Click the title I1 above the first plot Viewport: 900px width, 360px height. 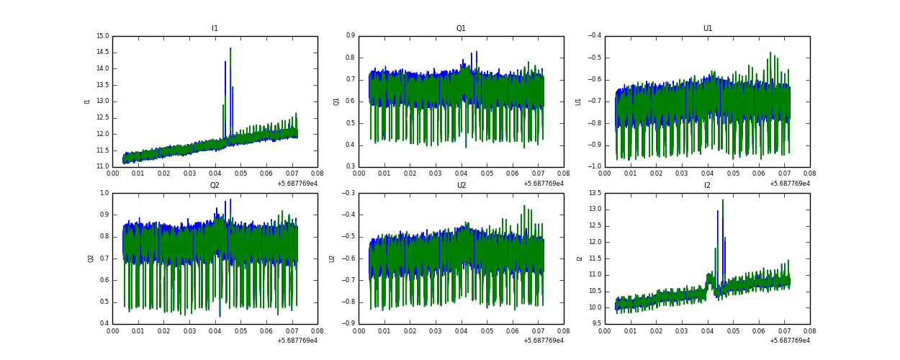click(x=215, y=29)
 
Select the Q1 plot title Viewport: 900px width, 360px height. click(x=461, y=29)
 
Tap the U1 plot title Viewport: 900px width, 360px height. click(x=707, y=29)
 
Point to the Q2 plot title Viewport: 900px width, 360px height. click(x=215, y=185)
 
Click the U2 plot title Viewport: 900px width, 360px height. click(x=461, y=185)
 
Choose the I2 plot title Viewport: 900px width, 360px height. click(x=707, y=185)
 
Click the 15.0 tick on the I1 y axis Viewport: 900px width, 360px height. click(x=102, y=36)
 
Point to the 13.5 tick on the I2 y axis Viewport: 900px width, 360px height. click(x=595, y=193)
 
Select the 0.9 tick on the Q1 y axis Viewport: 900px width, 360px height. click(x=350, y=36)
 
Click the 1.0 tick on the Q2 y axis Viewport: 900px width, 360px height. click(x=104, y=193)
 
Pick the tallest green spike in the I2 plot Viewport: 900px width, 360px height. click(x=723, y=201)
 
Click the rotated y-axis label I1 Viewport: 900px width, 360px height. click(x=88, y=102)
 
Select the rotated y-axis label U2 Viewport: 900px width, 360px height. click(x=333, y=258)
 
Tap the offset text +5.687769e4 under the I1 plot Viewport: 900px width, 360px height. click(x=297, y=184)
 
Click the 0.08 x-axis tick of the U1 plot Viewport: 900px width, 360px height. click(x=809, y=174)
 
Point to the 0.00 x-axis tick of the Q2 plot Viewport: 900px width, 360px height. click(x=113, y=330)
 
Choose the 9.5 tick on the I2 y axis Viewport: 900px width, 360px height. click(x=597, y=324)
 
